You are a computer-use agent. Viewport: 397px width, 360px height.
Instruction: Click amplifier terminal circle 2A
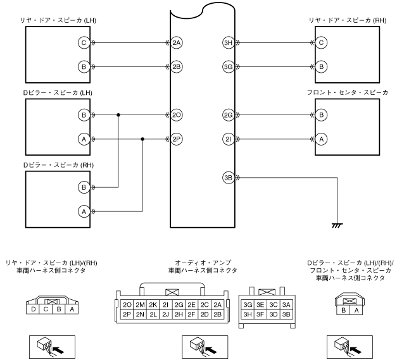(177, 43)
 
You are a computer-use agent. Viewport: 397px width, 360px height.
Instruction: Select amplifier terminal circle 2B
(177, 66)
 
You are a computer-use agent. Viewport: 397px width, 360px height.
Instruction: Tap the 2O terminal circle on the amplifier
(177, 115)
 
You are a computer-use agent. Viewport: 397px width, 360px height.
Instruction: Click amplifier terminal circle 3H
(229, 43)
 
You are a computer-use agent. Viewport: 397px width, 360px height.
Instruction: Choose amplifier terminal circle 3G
(229, 66)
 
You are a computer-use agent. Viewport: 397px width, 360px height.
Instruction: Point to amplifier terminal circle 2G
(229, 115)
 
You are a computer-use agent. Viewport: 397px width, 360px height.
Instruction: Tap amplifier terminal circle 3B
(229, 177)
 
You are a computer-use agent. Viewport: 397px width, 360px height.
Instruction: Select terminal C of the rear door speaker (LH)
(82, 43)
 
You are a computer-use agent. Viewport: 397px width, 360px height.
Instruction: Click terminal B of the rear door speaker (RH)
(322, 66)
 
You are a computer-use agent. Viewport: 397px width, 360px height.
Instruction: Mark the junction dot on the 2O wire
(118, 115)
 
